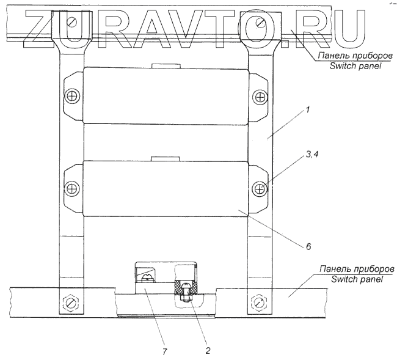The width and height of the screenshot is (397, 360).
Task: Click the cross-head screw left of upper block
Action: tap(73, 96)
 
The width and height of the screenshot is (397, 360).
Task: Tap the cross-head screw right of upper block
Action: tap(261, 96)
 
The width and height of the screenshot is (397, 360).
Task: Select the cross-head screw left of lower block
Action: tap(72, 188)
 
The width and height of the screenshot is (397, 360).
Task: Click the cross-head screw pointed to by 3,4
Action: tap(261, 188)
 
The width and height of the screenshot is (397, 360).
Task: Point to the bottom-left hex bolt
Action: tap(71, 301)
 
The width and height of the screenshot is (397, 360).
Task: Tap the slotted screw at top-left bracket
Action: tap(73, 23)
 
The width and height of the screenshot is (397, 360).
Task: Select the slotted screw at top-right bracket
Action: tap(261, 23)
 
